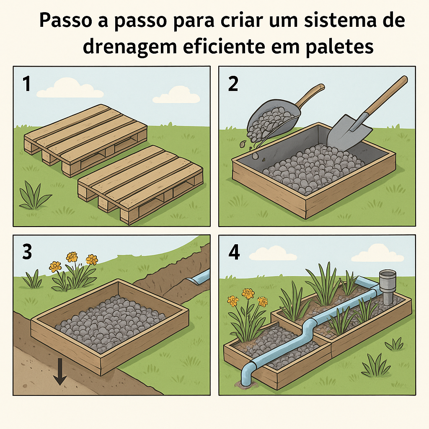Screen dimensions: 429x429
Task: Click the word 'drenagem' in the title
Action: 130,47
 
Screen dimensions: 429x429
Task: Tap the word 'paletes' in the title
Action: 339,47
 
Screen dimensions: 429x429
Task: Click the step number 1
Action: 26,84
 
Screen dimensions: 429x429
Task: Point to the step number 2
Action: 233,84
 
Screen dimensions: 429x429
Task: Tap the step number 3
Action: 27,252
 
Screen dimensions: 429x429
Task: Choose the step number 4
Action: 234,252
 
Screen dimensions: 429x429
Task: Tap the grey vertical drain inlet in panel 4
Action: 388,287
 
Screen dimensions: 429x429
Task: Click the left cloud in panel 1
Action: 70,88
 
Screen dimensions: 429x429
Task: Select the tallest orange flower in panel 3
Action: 72,257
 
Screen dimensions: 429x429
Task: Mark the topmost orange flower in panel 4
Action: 248,294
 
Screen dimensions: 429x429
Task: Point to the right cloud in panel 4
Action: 377,253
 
